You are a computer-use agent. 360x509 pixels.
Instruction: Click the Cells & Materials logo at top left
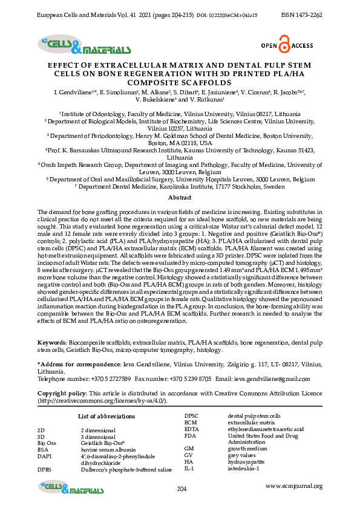(x=84, y=45)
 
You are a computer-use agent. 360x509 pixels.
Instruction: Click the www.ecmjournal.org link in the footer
(x=294, y=486)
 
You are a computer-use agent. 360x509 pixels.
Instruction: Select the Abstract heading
(x=180, y=198)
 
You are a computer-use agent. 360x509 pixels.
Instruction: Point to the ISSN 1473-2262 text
(x=302, y=13)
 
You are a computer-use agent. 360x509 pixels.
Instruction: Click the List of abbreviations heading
(x=106, y=417)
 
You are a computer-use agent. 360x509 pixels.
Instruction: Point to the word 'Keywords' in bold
(x=51, y=342)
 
